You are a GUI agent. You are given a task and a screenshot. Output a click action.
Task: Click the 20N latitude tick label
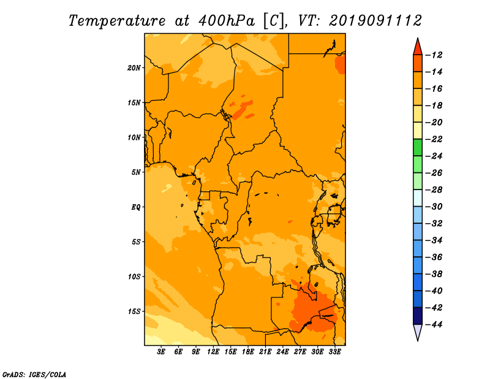134,68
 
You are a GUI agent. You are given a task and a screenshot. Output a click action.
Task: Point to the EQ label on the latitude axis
136,207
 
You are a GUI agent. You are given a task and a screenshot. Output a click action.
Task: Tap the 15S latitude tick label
134,312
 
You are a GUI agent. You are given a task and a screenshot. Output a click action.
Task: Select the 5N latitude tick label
136,172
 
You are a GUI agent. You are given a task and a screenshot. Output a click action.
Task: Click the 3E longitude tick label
161,352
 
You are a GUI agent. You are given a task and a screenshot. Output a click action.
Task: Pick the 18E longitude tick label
248,352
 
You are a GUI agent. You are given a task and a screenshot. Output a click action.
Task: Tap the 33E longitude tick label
334,352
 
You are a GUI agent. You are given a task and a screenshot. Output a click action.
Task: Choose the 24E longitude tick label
282,352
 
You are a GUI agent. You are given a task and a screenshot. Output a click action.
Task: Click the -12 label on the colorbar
434,55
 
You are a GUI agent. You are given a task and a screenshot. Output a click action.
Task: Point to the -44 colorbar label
434,324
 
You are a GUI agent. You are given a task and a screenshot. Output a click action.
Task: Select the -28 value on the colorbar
434,190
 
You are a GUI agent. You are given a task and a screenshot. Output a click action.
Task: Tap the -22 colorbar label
434,139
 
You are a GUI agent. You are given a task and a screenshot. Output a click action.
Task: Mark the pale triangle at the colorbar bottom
418,331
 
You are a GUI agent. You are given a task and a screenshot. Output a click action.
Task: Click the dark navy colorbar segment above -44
418,316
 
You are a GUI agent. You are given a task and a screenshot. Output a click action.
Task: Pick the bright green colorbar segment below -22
418,148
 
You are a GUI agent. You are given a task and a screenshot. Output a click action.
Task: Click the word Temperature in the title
117,21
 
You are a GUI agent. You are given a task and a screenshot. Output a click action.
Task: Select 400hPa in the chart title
226,21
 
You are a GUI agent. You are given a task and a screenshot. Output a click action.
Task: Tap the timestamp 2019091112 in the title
375,21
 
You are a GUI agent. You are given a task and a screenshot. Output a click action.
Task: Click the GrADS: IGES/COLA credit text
34,375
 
